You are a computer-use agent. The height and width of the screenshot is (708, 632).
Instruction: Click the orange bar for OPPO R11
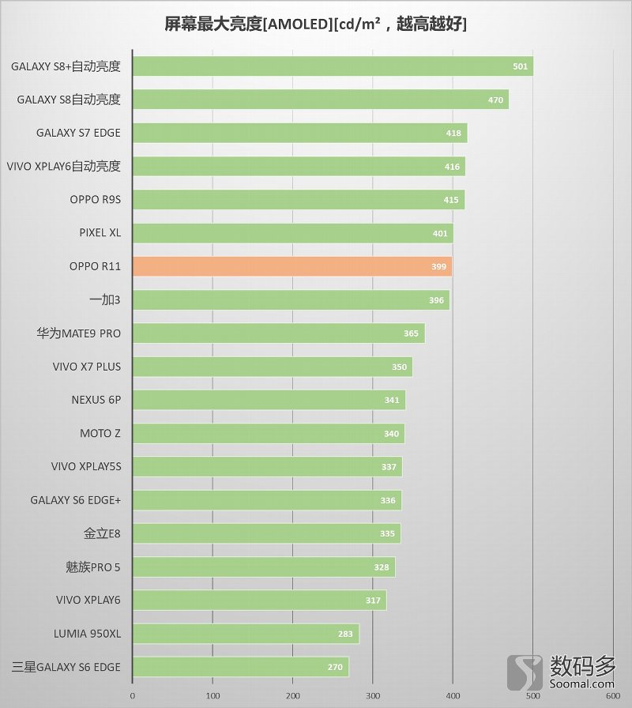(x=292, y=266)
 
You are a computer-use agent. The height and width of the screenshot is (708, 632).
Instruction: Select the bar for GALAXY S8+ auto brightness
(x=333, y=66)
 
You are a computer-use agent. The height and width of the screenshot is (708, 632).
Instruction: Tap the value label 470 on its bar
(x=495, y=100)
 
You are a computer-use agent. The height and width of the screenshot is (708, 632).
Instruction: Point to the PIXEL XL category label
(x=100, y=233)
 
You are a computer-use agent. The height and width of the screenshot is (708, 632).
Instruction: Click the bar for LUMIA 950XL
(x=246, y=634)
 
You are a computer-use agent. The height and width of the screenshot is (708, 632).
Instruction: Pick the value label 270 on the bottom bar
(x=335, y=668)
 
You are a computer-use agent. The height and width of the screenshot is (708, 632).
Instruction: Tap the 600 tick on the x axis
(x=612, y=696)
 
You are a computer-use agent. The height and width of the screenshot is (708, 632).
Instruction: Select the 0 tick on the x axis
(x=132, y=696)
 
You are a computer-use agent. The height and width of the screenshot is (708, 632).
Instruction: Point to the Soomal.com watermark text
(x=582, y=679)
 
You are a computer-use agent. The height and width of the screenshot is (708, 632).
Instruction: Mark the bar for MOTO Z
(x=269, y=433)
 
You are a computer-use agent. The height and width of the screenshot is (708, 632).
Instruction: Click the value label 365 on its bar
(x=411, y=333)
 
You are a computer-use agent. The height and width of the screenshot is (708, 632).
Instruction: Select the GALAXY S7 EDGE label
(x=78, y=133)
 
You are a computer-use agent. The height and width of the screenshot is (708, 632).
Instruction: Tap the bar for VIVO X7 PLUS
(x=273, y=367)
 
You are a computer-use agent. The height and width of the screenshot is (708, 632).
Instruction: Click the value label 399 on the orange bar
(x=439, y=267)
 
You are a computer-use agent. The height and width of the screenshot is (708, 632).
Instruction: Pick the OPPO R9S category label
(x=95, y=200)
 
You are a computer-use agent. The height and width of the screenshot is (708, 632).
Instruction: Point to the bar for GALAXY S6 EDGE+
(x=267, y=500)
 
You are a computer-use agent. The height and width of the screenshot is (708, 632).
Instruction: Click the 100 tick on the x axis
(x=213, y=696)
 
